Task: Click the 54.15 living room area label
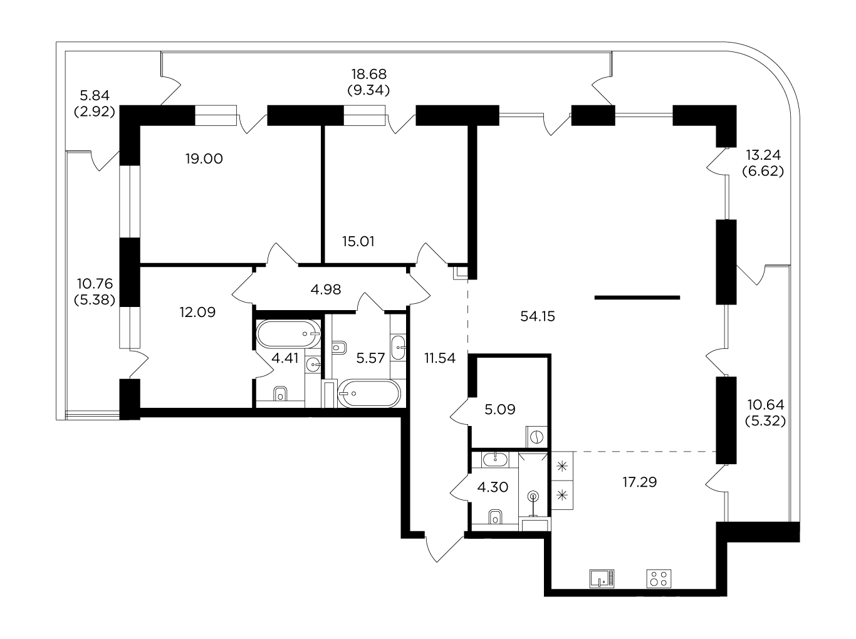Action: (x=538, y=316)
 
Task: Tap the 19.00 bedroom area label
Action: (x=204, y=159)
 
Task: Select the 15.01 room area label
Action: (x=358, y=242)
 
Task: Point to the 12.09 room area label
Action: (x=198, y=312)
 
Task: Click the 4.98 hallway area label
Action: (x=326, y=289)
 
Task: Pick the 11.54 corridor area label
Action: (x=440, y=358)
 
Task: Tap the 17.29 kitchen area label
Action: (x=640, y=482)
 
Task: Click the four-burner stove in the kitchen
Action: (x=659, y=579)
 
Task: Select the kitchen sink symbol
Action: (x=602, y=579)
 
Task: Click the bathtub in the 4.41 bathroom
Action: (x=289, y=334)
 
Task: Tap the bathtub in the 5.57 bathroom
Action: (x=369, y=393)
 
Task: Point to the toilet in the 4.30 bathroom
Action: (x=496, y=517)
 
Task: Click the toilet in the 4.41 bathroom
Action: (x=280, y=394)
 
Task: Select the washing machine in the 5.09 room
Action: (x=536, y=437)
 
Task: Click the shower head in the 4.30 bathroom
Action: (x=533, y=497)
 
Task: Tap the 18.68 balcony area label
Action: (x=369, y=74)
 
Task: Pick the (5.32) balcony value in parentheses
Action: (x=765, y=421)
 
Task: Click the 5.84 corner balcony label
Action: (x=95, y=95)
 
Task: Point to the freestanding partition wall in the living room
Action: (x=637, y=298)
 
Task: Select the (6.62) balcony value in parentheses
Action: (x=763, y=171)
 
